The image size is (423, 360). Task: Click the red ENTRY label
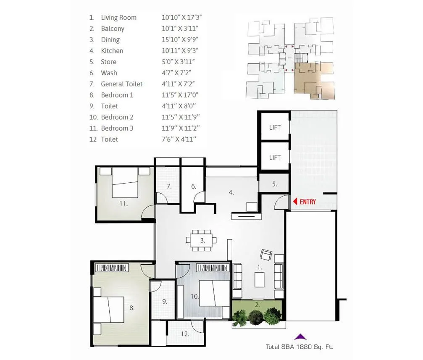coord(308,202)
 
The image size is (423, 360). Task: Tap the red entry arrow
coord(295,202)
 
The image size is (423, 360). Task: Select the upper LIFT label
coord(275,127)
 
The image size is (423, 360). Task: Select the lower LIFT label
coord(275,158)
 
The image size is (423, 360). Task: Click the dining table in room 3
coord(202,241)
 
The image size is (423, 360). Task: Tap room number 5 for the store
coord(274,184)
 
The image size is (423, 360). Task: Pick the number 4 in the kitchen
coord(231,193)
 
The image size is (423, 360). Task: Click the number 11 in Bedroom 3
coord(123,204)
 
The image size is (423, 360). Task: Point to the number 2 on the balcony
coord(257,305)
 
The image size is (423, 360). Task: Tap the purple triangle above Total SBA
coord(300,336)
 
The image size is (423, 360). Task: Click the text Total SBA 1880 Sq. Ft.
coord(300,347)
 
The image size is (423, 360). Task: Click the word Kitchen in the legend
coord(112,51)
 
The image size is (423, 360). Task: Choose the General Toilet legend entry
coord(121,84)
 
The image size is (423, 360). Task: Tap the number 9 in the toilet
coord(165,301)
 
